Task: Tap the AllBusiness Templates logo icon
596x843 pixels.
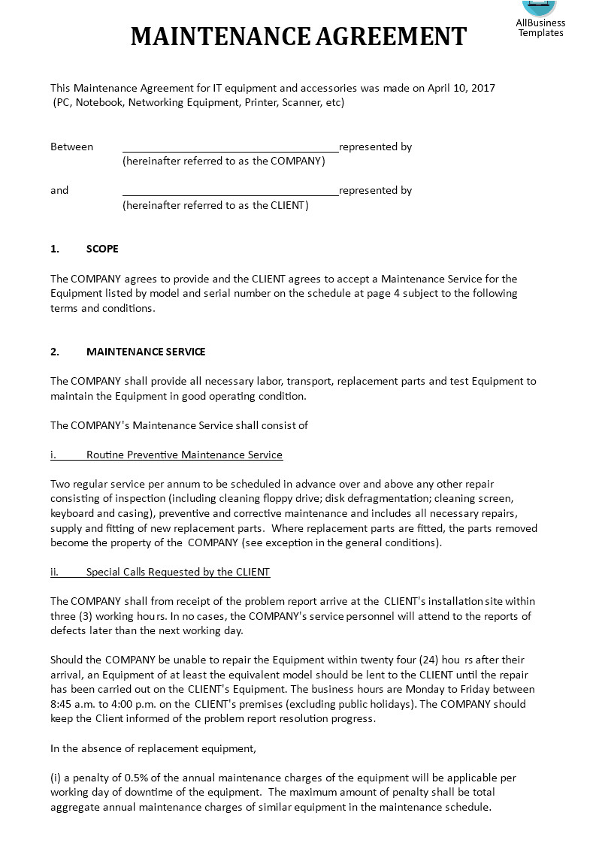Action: click(539, 7)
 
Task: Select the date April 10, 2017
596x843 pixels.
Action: click(461, 88)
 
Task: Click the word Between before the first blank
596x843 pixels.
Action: click(72, 147)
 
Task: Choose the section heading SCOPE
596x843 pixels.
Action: click(102, 249)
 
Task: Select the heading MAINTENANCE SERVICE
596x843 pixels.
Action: click(146, 352)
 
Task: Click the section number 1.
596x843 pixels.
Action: click(55, 249)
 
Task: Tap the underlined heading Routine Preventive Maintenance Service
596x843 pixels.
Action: click(184, 455)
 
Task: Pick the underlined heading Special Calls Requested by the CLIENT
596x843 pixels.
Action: click(178, 572)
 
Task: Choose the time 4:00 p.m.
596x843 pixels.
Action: click(135, 704)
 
